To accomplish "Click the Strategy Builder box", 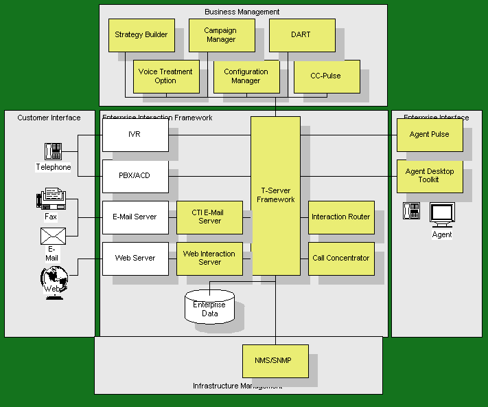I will pos(141,35).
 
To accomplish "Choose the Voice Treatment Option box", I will pos(166,76).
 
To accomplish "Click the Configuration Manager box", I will pos(246,76).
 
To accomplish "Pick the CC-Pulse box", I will pos(326,76).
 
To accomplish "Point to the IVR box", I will pos(135,135).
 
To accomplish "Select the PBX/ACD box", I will pos(135,176).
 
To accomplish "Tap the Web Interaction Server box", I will pos(209,258).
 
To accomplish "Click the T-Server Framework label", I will pos(275,195).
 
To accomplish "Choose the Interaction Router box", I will pos(341,217).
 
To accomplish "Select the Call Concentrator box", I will pos(341,258).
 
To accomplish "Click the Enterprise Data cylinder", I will pos(209,308).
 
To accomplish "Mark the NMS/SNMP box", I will pos(275,362).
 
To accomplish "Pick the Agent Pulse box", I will pos(430,135).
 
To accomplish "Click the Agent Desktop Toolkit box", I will pos(430,176).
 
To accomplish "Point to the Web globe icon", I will pos(53,278).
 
